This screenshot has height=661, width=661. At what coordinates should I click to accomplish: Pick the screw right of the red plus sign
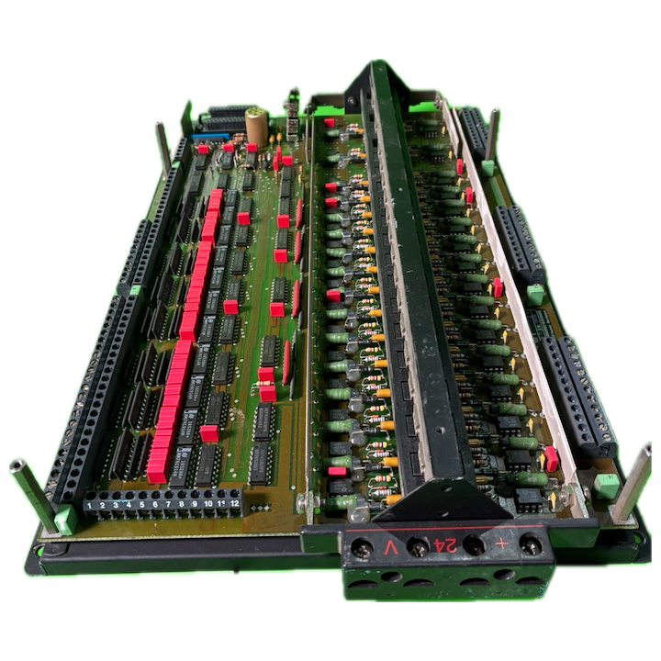pyautogui.click(x=528, y=543)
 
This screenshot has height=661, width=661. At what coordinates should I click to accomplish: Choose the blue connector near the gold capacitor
pyautogui.click(x=218, y=140)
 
